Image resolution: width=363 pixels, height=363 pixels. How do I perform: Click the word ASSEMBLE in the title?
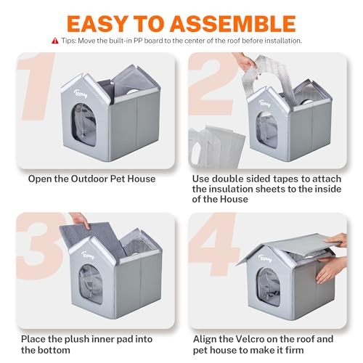click(233, 23)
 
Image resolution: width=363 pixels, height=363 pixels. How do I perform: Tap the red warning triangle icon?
click(55, 41)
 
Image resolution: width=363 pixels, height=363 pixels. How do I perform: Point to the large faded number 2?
click(213, 83)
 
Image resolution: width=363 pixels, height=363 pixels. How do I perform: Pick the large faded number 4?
click(214, 245)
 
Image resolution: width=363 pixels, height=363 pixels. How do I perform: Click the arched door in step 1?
click(84, 125)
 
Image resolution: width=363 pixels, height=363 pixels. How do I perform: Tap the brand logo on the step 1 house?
click(81, 94)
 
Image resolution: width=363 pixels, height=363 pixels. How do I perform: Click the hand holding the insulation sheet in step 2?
click(245, 62)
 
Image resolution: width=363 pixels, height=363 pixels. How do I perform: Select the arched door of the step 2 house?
click(267, 130)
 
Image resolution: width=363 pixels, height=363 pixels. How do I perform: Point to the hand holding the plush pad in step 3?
click(81, 220)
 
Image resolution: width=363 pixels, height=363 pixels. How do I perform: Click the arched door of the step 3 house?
click(91, 284)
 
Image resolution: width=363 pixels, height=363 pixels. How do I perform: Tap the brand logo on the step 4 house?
click(265, 258)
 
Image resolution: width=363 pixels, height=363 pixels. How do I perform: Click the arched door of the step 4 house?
click(269, 287)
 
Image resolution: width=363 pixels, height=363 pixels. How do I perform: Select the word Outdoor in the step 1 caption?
click(89, 179)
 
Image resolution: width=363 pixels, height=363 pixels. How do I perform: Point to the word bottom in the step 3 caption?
click(54, 350)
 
